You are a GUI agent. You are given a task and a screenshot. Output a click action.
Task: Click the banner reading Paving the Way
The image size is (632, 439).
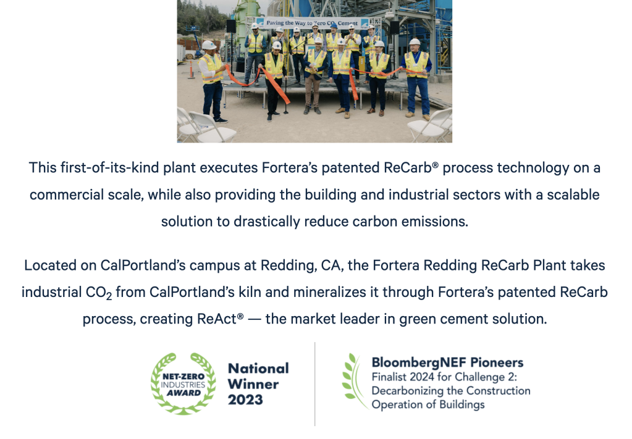pyautogui.click(x=313, y=23)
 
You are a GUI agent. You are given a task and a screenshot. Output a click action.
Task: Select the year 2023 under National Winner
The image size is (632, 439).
pyautogui.click(x=245, y=399)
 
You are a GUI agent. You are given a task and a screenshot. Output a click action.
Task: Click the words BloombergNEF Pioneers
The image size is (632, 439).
pyautogui.click(x=447, y=362)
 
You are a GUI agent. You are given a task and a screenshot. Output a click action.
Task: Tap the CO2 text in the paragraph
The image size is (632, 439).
pyautogui.click(x=99, y=293)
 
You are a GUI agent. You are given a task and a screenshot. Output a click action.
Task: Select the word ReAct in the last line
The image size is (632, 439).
pyautogui.click(x=216, y=319)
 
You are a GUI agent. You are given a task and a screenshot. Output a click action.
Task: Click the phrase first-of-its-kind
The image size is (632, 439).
pyautogui.click(x=109, y=167)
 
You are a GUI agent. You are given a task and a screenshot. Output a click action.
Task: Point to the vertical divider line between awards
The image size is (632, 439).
pyautogui.click(x=315, y=384)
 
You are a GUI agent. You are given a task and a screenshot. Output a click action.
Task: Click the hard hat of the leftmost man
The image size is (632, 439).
pyautogui.click(x=209, y=44)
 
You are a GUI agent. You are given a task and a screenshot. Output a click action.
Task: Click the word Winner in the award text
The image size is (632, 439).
pyautogui.click(x=253, y=384)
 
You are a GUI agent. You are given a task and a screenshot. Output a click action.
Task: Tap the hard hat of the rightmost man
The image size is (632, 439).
pyautogui.click(x=415, y=41)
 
